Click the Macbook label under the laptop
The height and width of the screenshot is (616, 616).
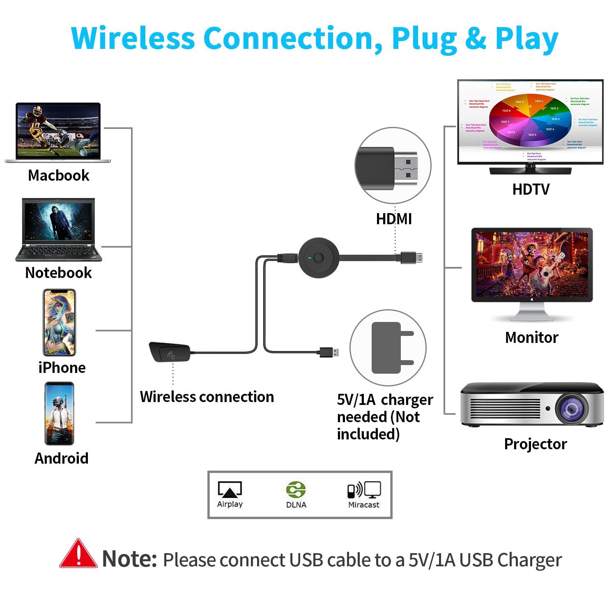click(x=58, y=175)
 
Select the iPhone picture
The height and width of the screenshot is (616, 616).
click(x=60, y=322)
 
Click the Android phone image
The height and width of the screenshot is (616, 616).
click(x=60, y=414)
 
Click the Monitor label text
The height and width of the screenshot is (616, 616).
click(x=531, y=337)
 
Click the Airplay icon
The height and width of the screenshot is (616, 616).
click(x=230, y=490)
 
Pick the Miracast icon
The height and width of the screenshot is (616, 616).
click(x=364, y=490)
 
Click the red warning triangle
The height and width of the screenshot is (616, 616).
click(x=78, y=554)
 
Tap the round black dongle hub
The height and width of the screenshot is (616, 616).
click(x=318, y=258)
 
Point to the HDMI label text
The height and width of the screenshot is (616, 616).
click(x=394, y=219)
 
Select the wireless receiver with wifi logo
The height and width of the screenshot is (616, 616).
click(x=170, y=352)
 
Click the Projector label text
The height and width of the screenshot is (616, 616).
click(x=535, y=444)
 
